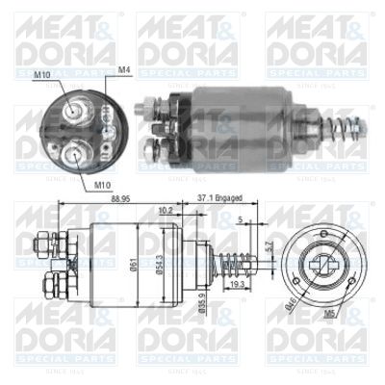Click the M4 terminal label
pyautogui.click(x=124, y=70)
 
